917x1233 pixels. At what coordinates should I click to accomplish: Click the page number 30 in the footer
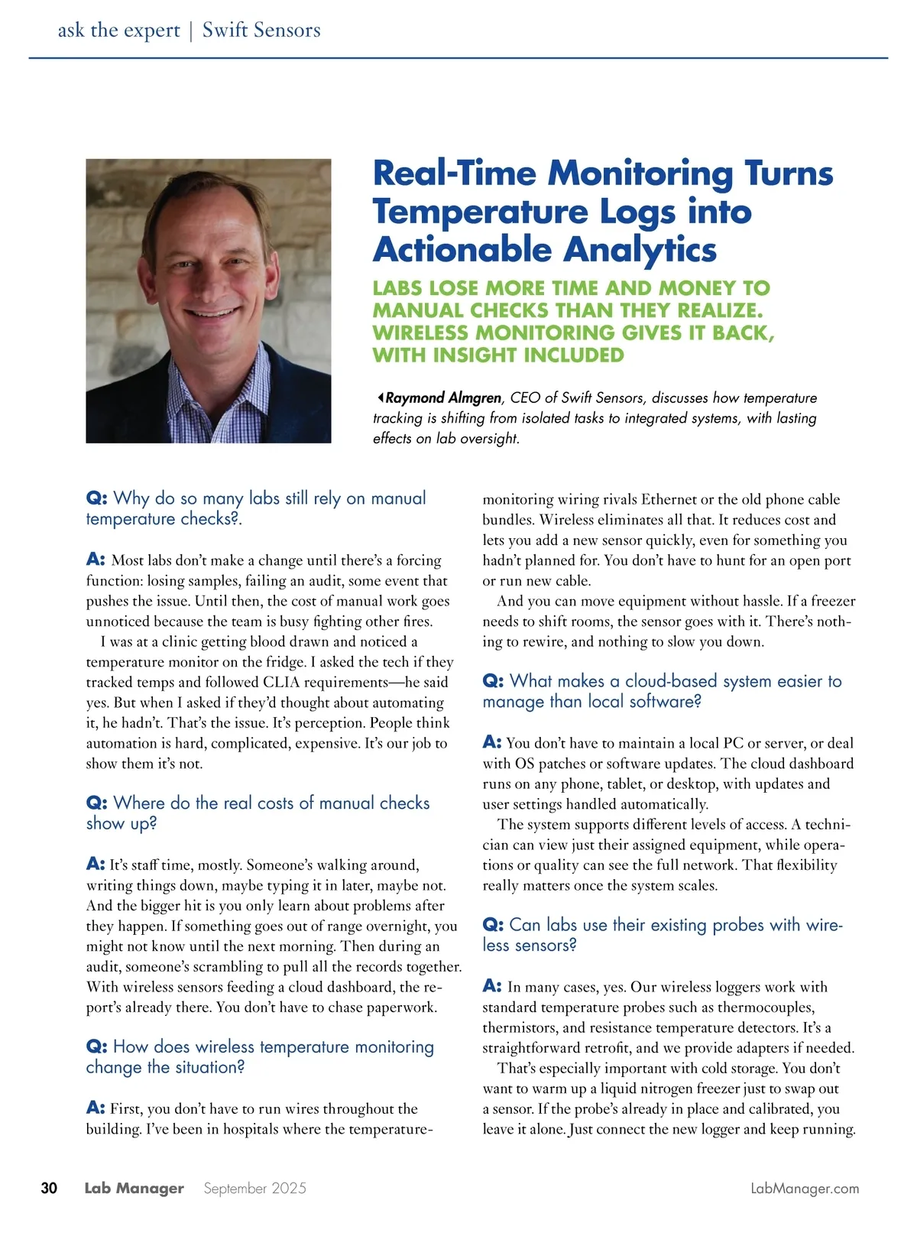pos(49,1188)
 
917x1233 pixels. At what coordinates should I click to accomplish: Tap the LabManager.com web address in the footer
pos(805,1189)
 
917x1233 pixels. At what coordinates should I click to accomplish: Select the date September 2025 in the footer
pos(254,1189)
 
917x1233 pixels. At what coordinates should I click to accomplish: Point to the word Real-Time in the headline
pos(455,173)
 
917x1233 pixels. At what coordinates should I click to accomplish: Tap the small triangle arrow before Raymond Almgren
pos(380,397)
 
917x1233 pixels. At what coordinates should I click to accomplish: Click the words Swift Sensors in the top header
pos(261,30)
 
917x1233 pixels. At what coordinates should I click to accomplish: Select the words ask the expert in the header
pos(118,30)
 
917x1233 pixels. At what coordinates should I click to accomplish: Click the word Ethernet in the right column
pos(669,499)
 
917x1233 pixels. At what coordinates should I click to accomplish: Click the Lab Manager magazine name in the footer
pos(134,1188)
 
